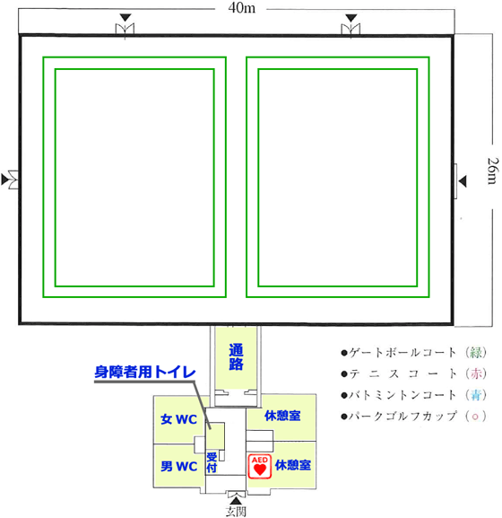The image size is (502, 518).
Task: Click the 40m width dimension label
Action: coord(242,8)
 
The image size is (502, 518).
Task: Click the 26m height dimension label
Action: coord(492,171)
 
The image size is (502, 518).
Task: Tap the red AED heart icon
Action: coord(260,466)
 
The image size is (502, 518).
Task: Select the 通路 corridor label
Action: coord(236,356)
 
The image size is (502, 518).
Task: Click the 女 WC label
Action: coord(178,419)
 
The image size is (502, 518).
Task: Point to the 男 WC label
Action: coord(178,466)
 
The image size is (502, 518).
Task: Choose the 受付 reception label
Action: coord(212,462)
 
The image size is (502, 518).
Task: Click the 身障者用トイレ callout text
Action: coord(145,372)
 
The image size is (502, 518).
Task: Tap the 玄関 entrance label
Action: coord(236,512)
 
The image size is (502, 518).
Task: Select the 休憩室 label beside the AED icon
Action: coord(293,465)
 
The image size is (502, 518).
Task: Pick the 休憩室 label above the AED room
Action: coord(282,416)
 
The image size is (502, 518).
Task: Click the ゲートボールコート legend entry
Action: coord(413,353)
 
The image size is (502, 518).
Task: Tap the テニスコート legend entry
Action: coord(413,373)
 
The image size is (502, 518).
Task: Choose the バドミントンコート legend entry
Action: coord(413,395)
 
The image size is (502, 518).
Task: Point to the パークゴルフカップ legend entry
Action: coord(413,416)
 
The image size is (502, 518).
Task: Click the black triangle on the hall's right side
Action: coord(463,181)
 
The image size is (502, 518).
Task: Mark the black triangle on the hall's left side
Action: coord(4,180)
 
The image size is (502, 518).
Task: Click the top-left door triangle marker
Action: coord(125,18)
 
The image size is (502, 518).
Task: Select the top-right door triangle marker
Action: coord(351,18)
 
